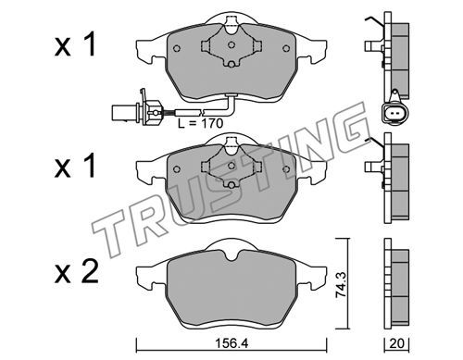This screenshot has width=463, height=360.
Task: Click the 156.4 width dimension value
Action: pos(231,343)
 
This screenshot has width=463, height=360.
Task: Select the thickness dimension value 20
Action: pos(396,343)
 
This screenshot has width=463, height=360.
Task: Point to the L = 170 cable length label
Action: pos(200,123)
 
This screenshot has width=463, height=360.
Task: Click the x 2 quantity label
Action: pos(76,272)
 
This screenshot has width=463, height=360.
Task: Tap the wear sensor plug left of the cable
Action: pos(136,111)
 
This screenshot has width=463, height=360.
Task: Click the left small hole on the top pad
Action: pos(177,48)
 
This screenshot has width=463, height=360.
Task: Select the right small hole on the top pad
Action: pos(286,48)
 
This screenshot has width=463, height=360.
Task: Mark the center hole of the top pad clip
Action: pos(231,44)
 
